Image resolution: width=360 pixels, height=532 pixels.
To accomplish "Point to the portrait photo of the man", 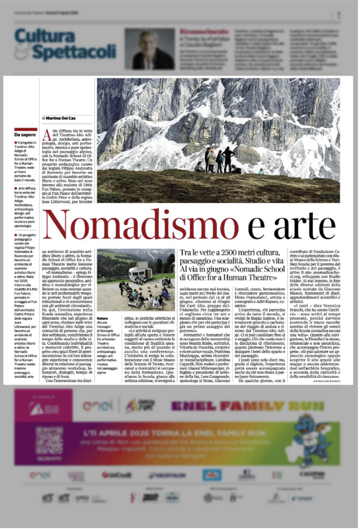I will (149, 48).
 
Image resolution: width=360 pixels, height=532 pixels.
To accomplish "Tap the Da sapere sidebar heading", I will (24, 135).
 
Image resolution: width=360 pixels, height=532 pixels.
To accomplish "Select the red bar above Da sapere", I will (25, 129).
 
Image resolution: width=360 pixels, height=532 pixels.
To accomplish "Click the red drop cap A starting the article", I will (47, 135).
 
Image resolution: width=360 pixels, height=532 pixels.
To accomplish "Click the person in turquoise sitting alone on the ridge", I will (261, 171).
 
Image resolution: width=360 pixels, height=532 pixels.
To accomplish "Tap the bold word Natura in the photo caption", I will (102, 318).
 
